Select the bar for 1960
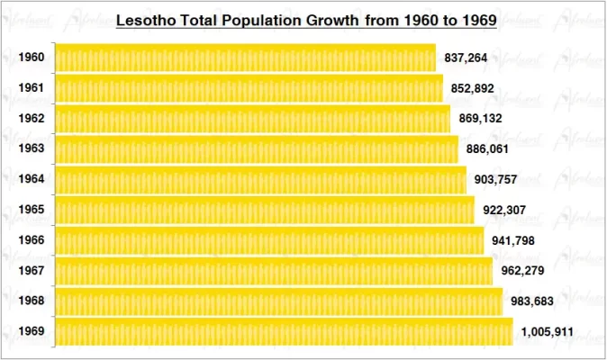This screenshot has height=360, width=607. point(245,58)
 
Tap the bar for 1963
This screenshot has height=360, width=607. point(256,148)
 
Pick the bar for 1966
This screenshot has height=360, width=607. point(268,240)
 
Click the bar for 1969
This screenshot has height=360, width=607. point(283,331)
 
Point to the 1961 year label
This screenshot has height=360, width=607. point(31,88)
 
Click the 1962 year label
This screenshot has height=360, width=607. point(31,119)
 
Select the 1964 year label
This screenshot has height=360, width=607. point(31,179)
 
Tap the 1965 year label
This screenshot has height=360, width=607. point(31,210)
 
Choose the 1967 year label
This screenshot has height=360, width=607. point(31,271)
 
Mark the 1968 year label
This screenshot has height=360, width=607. point(31,301)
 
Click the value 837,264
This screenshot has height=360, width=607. point(467,58)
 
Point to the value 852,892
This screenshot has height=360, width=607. point(473,89)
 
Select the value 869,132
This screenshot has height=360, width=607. point(480,119)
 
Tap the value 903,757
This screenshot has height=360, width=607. point(496,180)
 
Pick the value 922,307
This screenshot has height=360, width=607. point(504,211)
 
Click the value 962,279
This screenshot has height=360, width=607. point(521,271)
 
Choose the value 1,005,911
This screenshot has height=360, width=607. point(547,332)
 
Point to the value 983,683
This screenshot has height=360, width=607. point(531,301)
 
